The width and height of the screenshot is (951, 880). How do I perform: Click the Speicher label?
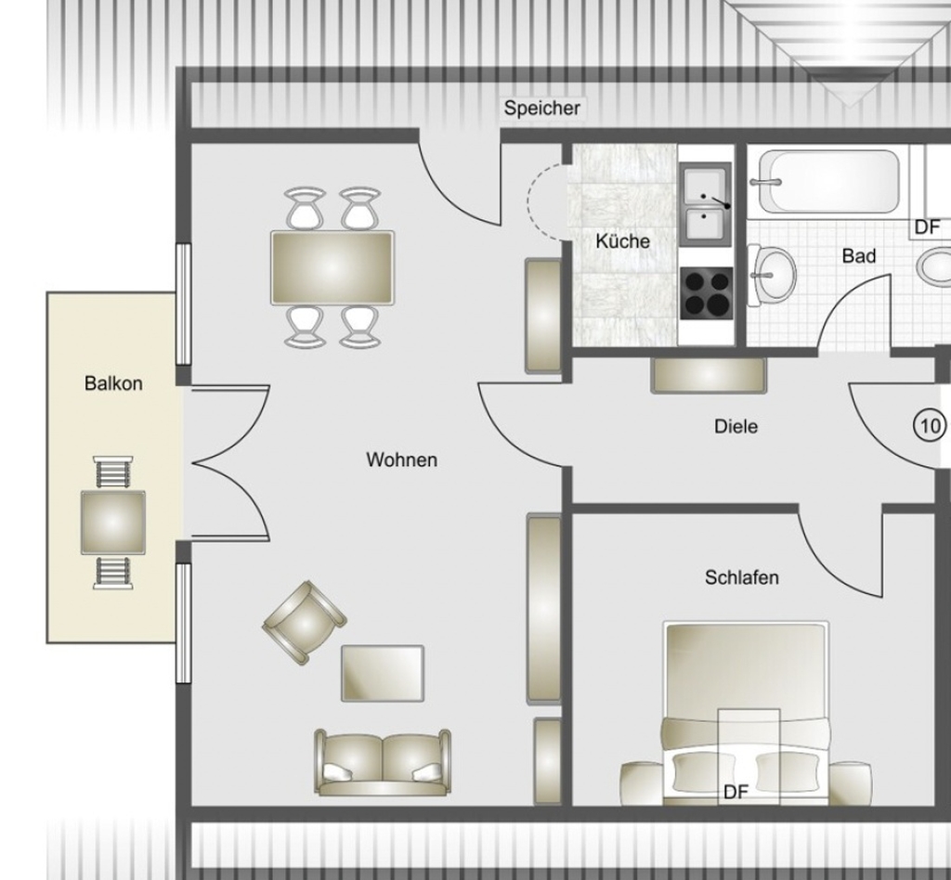pyautogui.click(x=541, y=109)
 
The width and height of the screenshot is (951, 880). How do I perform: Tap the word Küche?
pyautogui.click(x=622, y=241)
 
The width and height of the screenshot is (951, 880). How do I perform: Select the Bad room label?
pyautogui.click(x=859, y=256)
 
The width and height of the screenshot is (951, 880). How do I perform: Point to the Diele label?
pyautogui.click(x=736, y=427)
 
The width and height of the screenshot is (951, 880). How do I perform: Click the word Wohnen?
pyautogui.click(x=401, y=460)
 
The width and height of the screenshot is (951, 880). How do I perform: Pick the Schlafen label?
pyautogui.click(x=741, y=577)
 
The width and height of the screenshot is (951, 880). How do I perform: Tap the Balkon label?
pyautogui.click(x=113, y=383)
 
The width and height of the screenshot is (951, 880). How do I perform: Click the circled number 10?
pyautogui.click(x=929, y=426)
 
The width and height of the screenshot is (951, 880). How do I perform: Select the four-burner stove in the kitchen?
pyautogui.click(x=707, y=293)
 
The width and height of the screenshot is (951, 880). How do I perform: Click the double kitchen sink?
pyautogui.click(x=705, y=204)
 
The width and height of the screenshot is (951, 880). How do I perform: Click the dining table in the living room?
pyautogui.click(x=332, y=267)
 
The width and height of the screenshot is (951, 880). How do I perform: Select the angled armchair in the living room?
pyautogui.click(x=305, y=623)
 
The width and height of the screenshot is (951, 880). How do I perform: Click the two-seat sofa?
pyautogui.click(x=383, y=762)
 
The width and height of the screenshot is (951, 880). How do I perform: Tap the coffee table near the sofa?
pyautogui.click(x=383, y=673)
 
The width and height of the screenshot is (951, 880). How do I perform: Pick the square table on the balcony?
pyautogui.click(x=113, y=523)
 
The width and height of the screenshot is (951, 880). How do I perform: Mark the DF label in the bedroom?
pyautogui.click(x=736, y=792)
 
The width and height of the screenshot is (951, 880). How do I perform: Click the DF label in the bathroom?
pyautogui.click(x=927, y=227)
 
